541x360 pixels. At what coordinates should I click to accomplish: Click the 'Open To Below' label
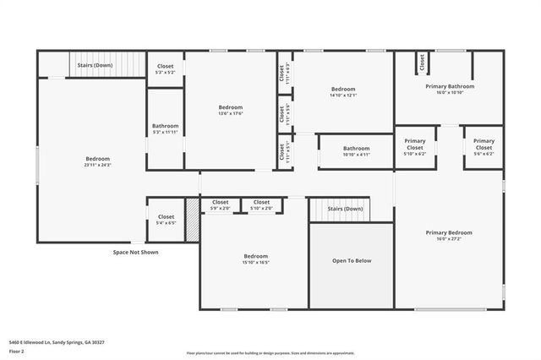351,261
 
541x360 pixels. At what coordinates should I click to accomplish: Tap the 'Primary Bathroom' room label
449,86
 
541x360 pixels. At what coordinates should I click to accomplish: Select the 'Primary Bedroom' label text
448,232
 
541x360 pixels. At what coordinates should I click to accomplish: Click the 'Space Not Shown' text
135,252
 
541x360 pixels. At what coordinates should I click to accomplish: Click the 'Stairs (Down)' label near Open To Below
345,208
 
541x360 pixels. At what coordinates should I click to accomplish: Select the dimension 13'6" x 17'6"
230,114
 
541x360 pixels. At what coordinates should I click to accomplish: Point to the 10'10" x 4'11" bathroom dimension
356,155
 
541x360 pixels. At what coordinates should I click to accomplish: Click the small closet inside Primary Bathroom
421,63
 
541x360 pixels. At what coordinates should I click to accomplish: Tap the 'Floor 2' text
16,351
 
